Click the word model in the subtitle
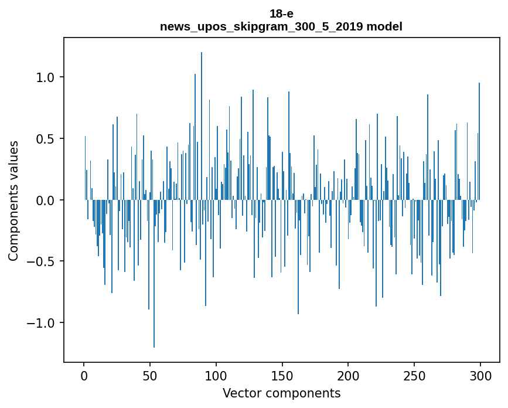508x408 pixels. [383, 26]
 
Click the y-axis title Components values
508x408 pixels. [13, 200]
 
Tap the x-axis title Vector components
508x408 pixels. [281, 393]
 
